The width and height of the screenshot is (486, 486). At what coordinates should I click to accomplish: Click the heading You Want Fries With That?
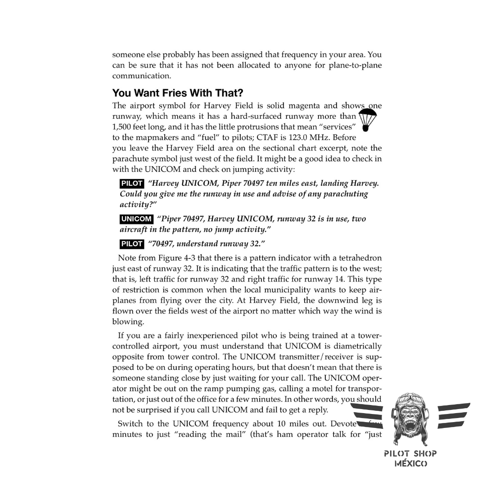coord(177,93)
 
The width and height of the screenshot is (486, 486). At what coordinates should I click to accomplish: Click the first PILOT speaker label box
coord(132,184)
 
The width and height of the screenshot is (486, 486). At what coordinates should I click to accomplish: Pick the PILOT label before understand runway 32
coord(132,244)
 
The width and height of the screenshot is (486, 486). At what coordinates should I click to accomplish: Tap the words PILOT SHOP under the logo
coord(410,454)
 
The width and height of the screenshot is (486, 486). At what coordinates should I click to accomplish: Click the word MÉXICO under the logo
coord(410,463)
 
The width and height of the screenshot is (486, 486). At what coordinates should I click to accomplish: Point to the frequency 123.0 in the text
coord(304,137)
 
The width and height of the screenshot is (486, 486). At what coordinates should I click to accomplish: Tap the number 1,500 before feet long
coord(122,127)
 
